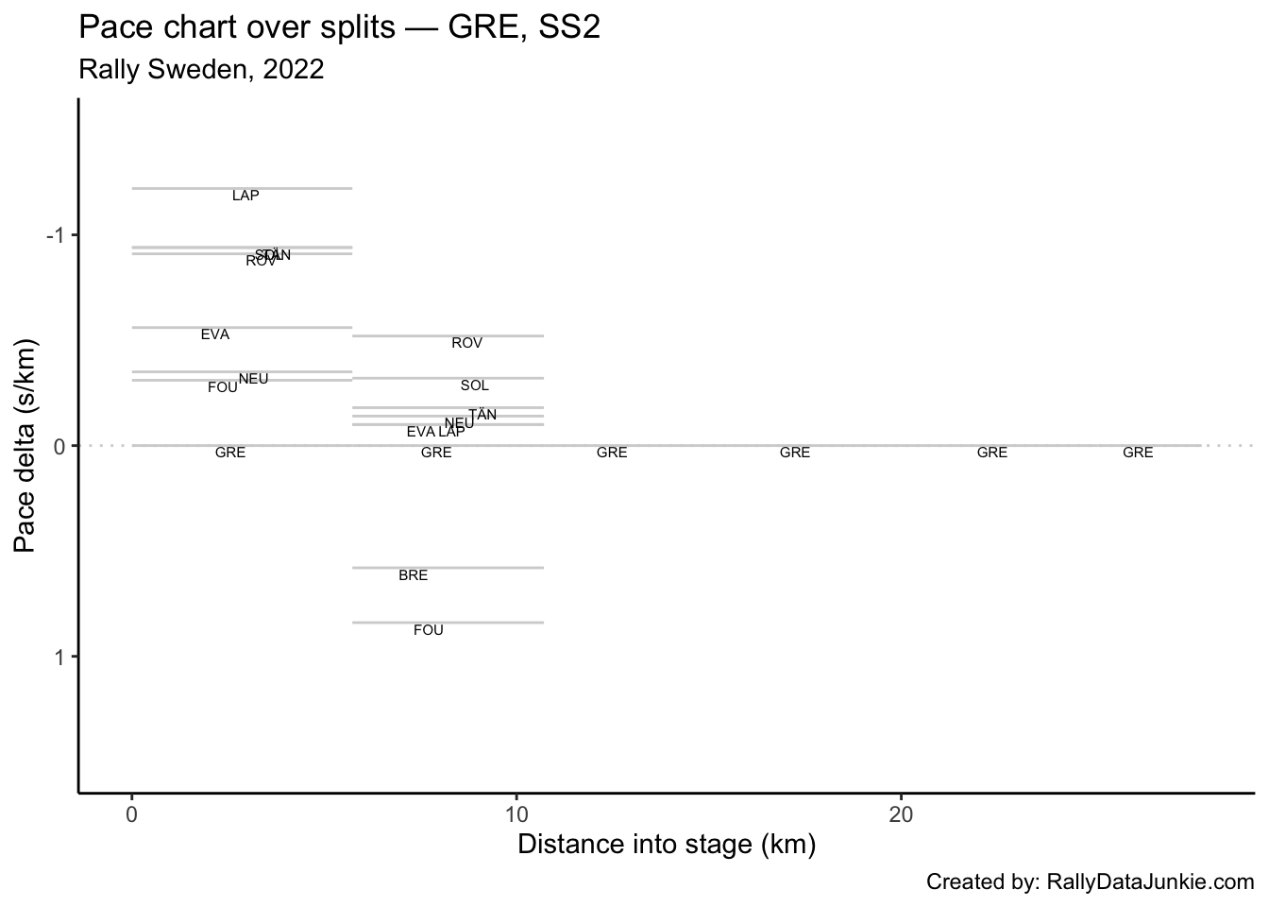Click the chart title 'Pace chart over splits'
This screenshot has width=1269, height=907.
(x=339, y=28)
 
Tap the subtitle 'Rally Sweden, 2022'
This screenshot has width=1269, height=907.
(x=201, y=69)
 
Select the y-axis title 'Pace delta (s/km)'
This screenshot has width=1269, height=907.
(x=26, y=445)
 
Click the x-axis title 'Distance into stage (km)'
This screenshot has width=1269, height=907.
(x=667, y=844)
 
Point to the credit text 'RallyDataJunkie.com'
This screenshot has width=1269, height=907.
(x=1150, y=882)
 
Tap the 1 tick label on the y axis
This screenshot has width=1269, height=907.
(x=59, y=657)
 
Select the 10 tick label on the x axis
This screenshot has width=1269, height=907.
(x=516, y=814)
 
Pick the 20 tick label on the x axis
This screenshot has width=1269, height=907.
(x=901, y=814)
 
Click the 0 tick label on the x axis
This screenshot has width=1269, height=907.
(x=132, y=814)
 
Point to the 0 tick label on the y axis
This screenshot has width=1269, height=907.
(x=59, y=445)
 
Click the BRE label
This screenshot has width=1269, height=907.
(x=413, y=575)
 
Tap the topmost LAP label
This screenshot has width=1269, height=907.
(x=245, y=196)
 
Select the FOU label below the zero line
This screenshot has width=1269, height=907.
(x=428, y=630)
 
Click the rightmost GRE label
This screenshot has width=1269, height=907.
(x=1138, y=453)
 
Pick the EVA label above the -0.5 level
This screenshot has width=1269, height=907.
(x=214, y=334)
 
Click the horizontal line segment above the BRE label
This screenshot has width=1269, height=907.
(x=448, y=568)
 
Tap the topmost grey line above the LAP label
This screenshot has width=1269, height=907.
(x=242, y=188)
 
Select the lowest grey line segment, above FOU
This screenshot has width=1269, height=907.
(x=448, y=623)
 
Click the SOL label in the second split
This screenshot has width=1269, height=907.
(x=474, y=385)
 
